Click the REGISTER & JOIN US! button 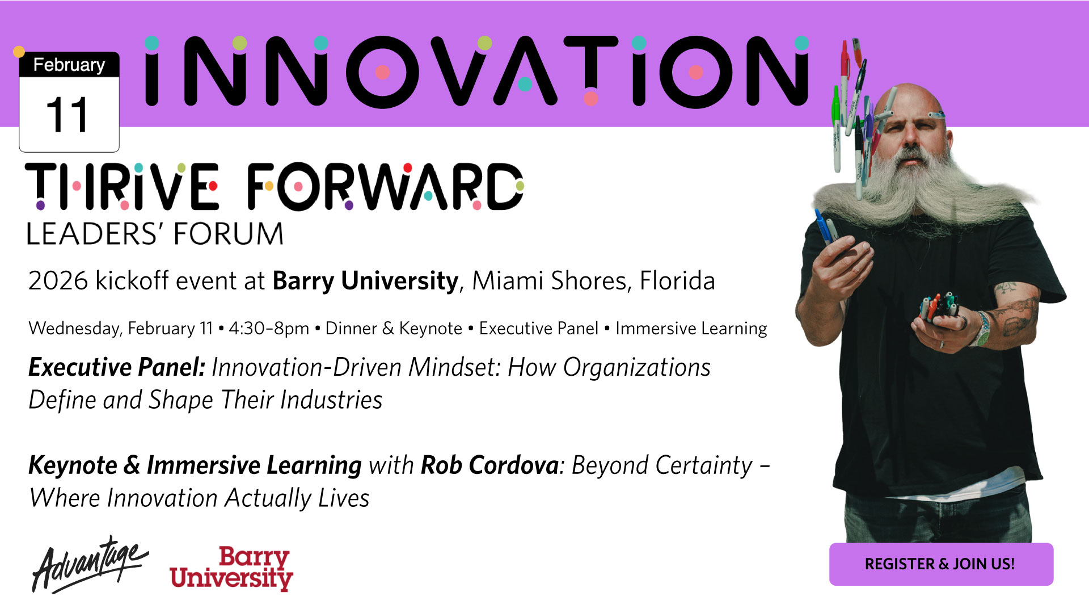(x=941, y=564)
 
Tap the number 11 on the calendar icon (x=67, y=115)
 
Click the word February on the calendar (x=69, y=65)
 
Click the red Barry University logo (x=231, y=569)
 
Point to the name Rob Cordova (x=490, y=465)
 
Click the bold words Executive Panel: (x=117, y=367)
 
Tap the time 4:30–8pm (x=269, y=329)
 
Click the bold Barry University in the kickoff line (x=365, y=281)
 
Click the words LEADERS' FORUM (x=155, y=234)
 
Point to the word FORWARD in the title (x=385, y=186)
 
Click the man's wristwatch (x=983, y=330)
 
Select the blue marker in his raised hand (x=821, y=226)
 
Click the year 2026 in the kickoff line (x=58, y=281)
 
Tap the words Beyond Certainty (x=662, y=465)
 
